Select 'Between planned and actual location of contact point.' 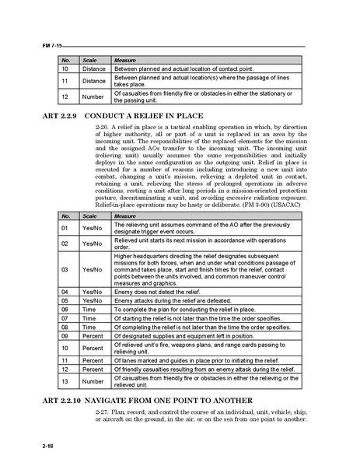183,69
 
